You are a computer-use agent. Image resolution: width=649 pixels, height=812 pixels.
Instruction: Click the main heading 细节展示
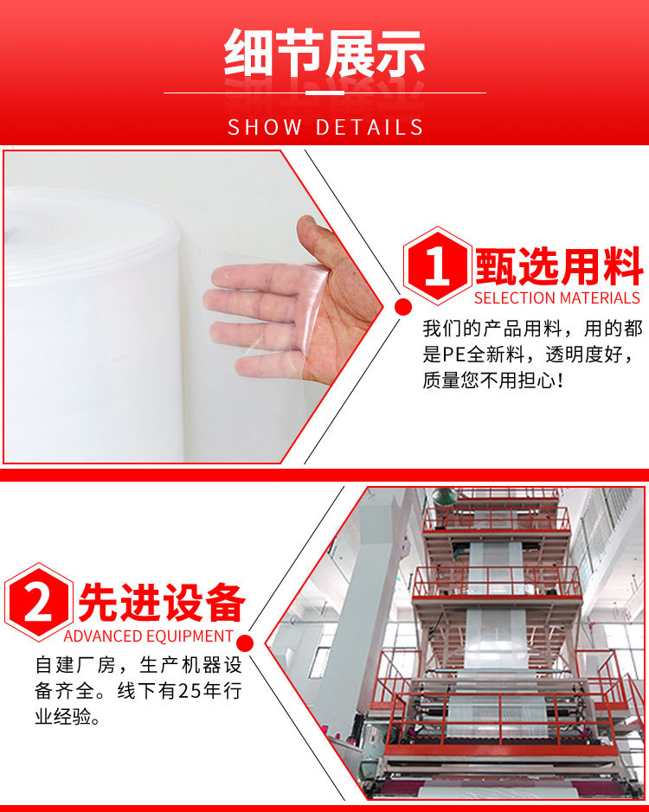click(x=324, y=54)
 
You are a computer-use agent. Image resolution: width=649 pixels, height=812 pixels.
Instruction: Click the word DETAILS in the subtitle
click(x=369, y=128)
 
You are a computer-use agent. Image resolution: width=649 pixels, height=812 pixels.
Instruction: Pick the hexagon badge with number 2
click(x=38, y=603)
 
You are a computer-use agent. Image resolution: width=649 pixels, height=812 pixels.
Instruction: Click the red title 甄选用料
click(x=558, y=265)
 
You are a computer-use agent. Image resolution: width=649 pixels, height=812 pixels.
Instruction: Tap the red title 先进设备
click(x=162, y=603)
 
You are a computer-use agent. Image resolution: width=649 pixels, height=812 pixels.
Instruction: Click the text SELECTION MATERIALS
click(x=557, y=298)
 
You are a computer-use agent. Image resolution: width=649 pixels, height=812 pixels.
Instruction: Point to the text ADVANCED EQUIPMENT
click(x=149, y=636)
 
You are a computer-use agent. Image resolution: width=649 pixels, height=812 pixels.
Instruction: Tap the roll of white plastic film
click(x=87, y=329)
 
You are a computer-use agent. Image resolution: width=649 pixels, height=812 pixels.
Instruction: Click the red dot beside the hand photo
click(x=402, y=306)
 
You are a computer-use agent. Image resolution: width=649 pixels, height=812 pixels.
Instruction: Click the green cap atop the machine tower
click(x=445, y=496)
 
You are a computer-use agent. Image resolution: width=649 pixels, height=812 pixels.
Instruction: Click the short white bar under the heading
click(x=324, y=93)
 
